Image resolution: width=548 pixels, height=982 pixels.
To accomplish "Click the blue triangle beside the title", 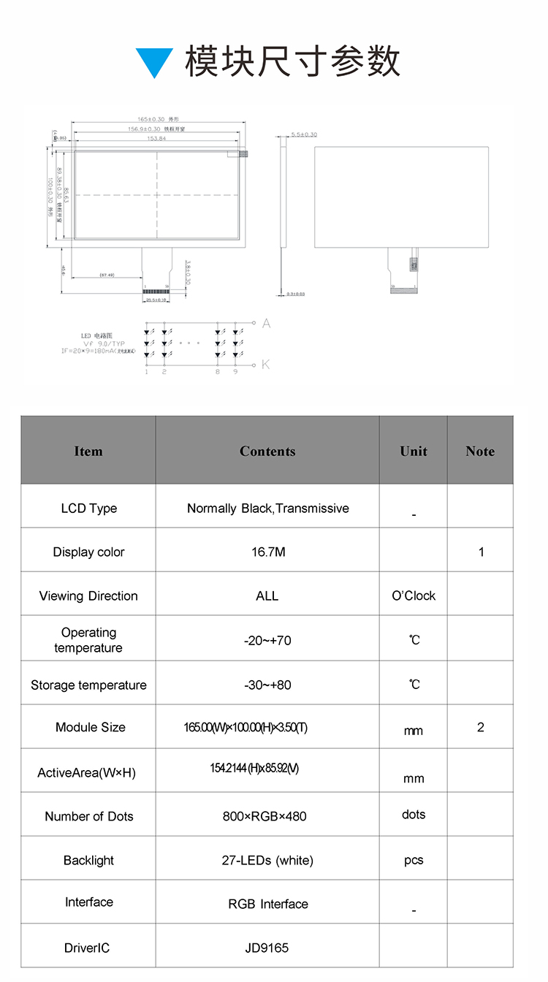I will coord(154,61).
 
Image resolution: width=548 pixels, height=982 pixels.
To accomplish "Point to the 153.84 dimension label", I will coord(157,138).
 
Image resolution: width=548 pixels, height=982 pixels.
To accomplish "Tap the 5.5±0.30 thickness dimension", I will coord(304,135).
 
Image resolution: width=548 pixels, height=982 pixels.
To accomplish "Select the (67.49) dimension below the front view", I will coord(107,275).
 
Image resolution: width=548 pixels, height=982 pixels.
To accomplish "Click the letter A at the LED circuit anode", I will coord(266,323).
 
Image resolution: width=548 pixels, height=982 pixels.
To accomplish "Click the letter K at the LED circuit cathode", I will coord(266,364).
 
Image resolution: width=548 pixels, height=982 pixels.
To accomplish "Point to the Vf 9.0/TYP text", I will coord(104,343).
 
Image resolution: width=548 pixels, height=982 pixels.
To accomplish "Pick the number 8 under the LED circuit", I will coord(217,372).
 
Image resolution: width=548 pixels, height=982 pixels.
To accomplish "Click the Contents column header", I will coord(267,451).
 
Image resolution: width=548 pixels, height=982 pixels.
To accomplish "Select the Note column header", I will coord(480,451).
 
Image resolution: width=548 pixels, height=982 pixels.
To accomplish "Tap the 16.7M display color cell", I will coord(267,552).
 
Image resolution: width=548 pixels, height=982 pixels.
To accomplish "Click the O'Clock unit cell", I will coord(414,595).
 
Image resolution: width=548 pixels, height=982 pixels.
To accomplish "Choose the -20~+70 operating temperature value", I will coord(267,640).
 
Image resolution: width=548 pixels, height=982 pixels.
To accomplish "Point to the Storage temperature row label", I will coord(88,685).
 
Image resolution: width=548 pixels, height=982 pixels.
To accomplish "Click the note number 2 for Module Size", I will coord(480,727).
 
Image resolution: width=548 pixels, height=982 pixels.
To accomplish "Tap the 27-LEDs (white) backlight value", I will coord(267,860).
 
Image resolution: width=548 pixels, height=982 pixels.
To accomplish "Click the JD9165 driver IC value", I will coord(267,948).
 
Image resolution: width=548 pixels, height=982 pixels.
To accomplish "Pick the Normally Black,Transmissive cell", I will coord(267,509).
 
